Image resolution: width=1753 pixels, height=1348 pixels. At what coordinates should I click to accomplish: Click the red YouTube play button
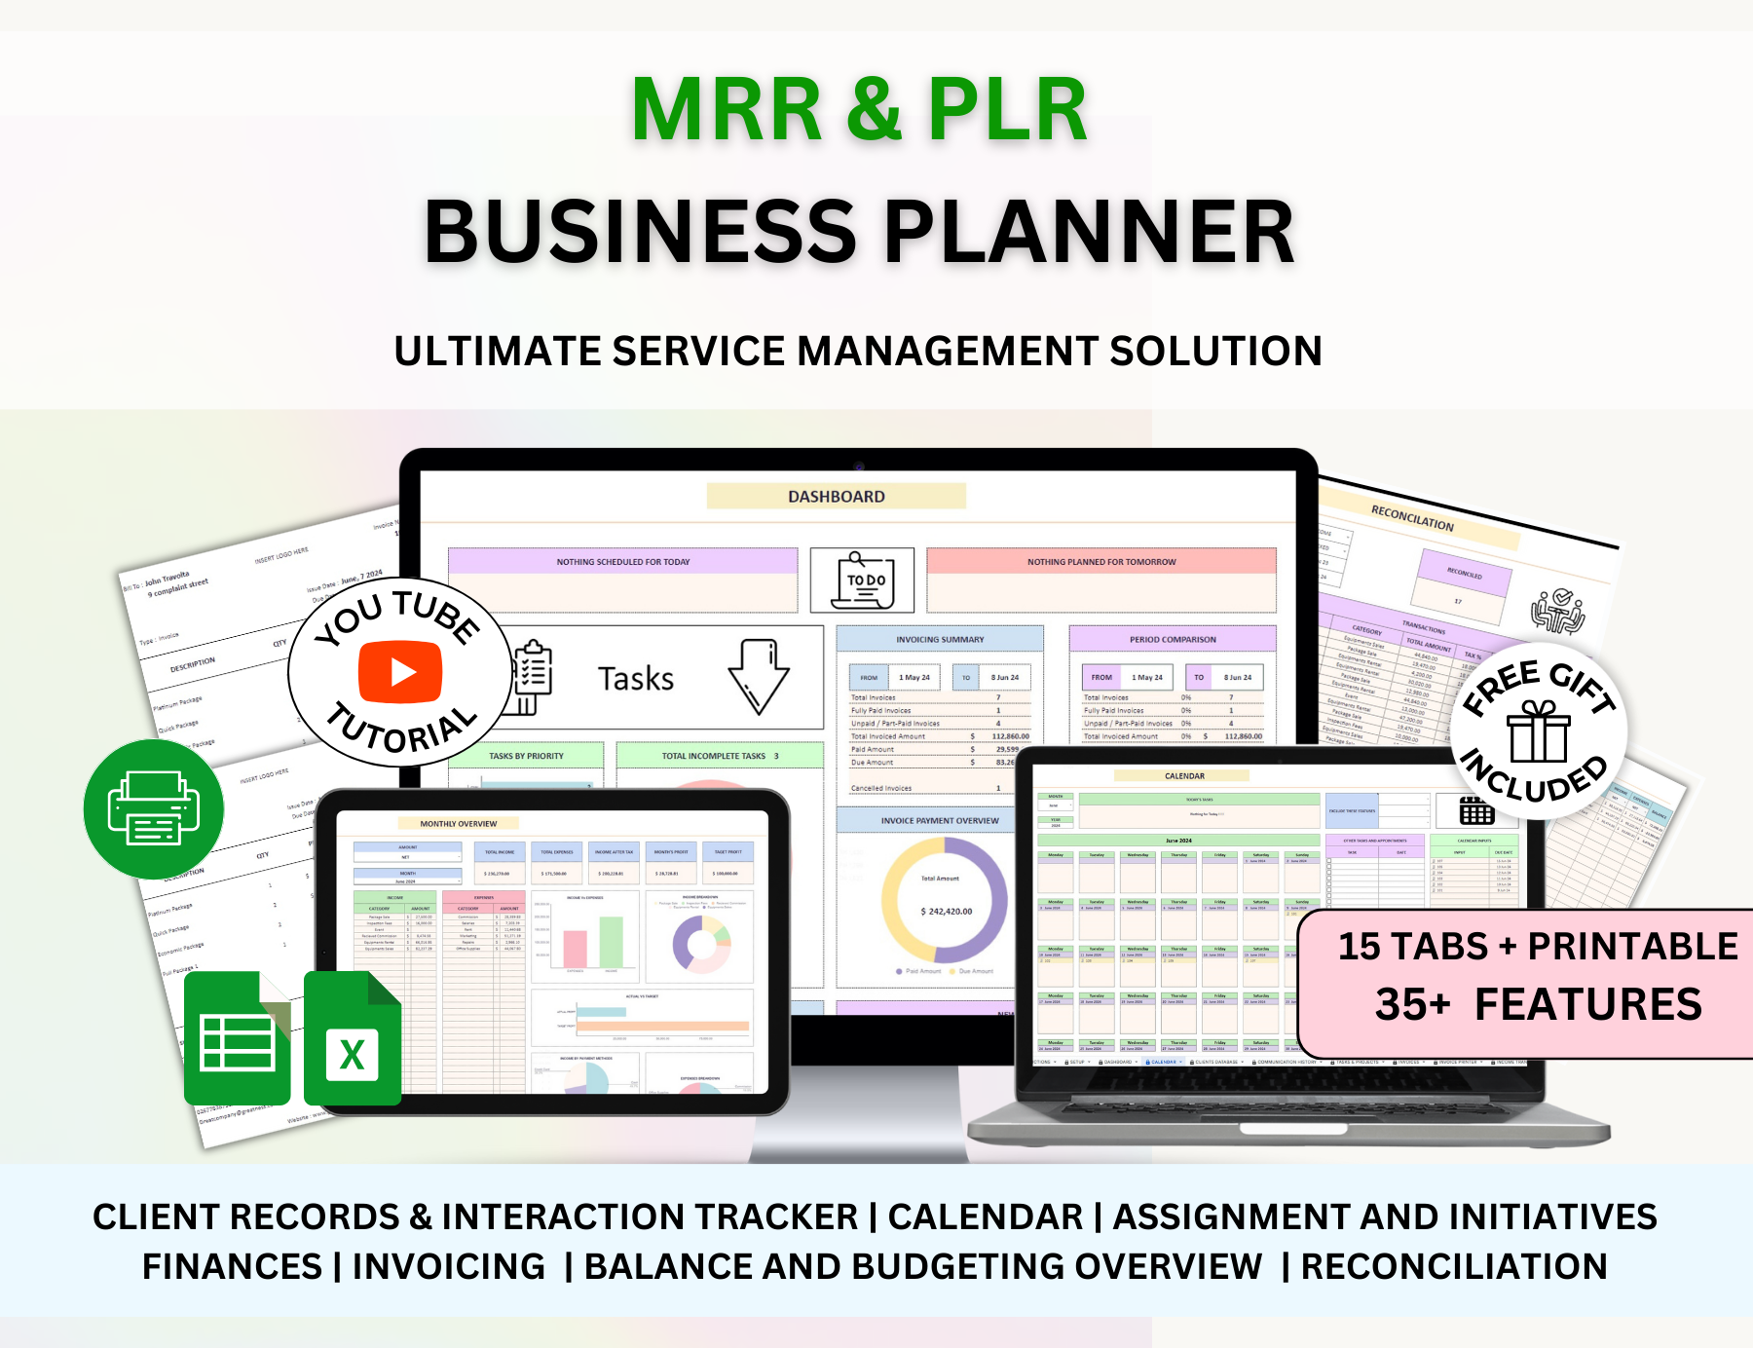(x=400, y=672)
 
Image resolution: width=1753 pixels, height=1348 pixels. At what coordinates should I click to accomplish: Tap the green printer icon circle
(x=154, y=808)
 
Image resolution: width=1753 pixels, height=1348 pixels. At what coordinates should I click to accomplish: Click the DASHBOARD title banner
(x=836, y=496)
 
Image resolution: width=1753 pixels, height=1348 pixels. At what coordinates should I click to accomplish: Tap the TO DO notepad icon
(x=863, y=580)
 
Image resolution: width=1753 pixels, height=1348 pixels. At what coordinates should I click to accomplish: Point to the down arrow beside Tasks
(x=759, y=677)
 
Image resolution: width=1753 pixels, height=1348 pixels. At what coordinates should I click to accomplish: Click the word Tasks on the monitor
(x=635, y=679)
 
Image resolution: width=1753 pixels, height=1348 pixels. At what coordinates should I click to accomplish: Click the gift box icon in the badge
(x=1539, y=731)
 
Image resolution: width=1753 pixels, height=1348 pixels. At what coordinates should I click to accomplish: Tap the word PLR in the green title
(x=1007, y=110)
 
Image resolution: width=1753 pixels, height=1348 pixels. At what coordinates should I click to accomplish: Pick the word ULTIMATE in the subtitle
(x=497, y=352)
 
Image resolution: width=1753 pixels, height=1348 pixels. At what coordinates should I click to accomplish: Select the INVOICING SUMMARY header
(x=940, y=640)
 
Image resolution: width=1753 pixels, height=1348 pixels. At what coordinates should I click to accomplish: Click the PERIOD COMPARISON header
(x=1173, y=640)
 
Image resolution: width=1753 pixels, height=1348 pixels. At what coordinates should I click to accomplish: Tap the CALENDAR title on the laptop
(x=1184, y=776)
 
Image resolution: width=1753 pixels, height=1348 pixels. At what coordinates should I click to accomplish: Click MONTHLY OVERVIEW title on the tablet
(x=458, y=824)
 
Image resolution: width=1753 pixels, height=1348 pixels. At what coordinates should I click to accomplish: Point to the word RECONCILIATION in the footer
(x=1453, y=1266)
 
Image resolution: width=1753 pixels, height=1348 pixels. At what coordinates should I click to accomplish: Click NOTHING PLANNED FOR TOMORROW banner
(x=1100, y=562)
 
